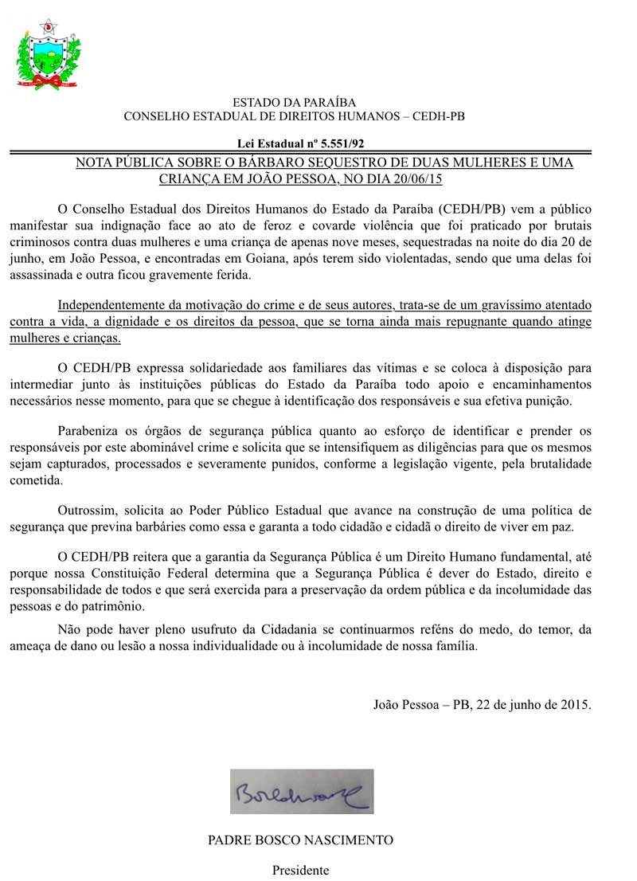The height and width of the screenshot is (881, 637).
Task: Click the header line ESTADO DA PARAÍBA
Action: point(294,103)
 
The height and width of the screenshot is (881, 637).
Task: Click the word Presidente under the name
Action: point(301,870)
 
